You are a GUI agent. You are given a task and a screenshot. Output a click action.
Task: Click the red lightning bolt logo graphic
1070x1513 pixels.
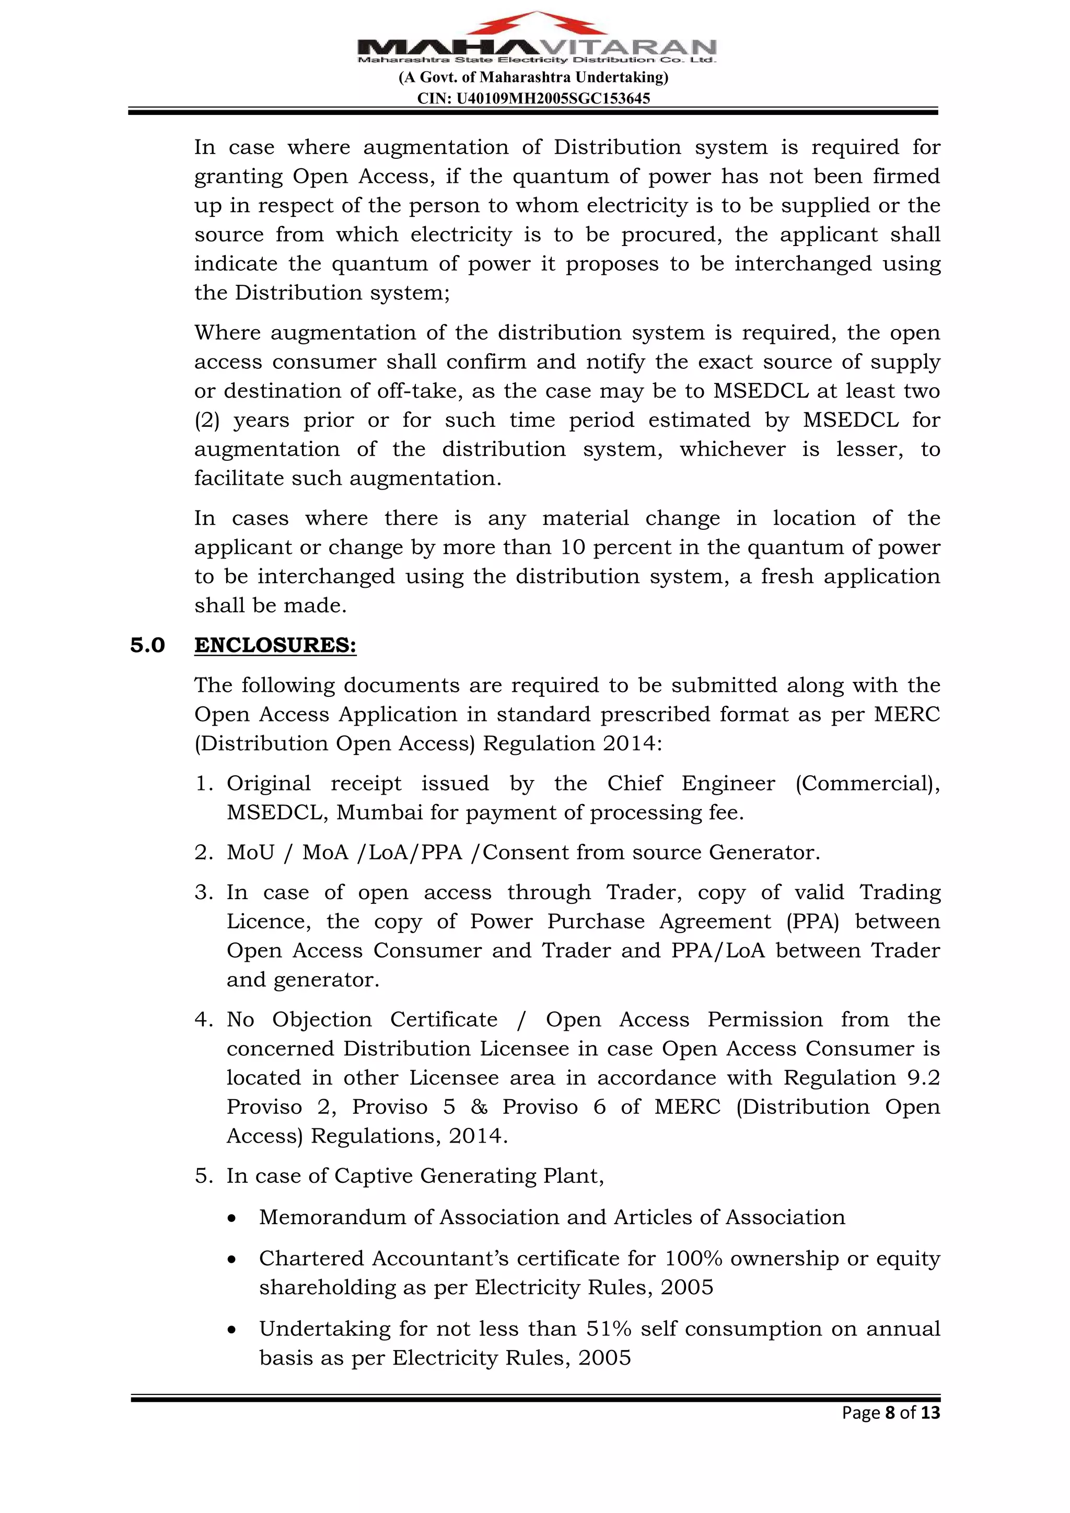coord(537,25)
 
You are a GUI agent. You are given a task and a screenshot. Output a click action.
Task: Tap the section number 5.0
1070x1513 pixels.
coord(147,645)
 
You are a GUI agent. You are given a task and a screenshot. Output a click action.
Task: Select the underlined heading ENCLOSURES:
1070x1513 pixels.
coord(275,645)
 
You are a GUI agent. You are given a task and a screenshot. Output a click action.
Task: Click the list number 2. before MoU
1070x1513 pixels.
coord(204,852)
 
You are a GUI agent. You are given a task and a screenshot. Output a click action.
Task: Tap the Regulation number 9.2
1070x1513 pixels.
coord(923,1077)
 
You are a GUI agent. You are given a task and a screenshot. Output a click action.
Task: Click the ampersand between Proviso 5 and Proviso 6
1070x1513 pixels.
coord(479,1107)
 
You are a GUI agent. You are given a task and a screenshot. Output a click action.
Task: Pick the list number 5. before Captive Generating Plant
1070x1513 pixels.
coord(204,1176)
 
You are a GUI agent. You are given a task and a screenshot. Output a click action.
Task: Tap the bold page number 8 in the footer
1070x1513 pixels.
coord(890,1413)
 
